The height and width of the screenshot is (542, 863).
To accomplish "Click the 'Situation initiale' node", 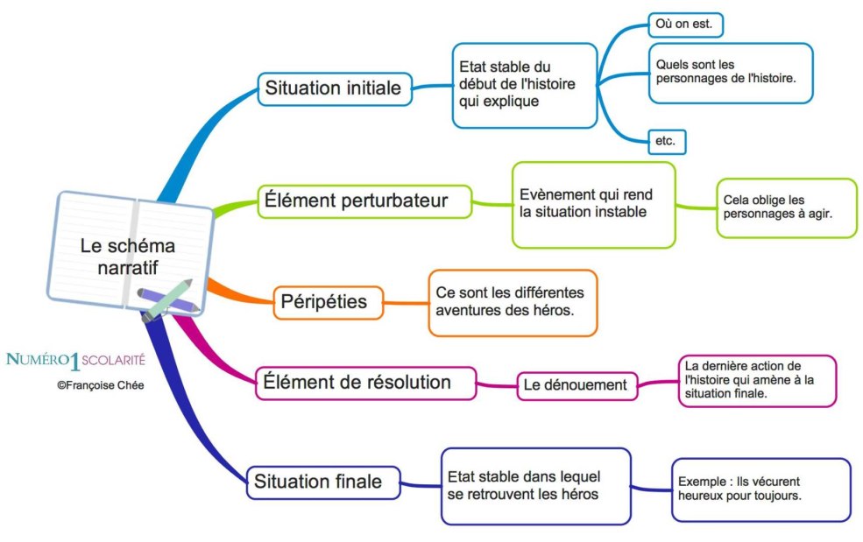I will [x=334, y=88].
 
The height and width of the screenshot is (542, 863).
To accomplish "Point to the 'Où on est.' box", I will [x=684, y=25].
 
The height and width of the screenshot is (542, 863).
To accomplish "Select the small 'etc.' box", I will [x=666, y=140].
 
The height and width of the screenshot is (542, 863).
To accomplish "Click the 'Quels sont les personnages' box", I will [x=730, y=73].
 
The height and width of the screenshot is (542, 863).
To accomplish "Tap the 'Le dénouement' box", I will [x=576, y=384].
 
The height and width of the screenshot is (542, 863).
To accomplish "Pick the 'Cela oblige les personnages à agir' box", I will [x=785, y=208].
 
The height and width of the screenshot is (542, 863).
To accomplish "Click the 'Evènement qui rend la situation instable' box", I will [x=593, y=204].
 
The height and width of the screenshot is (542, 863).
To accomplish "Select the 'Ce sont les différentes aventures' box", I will [x=512, y=302].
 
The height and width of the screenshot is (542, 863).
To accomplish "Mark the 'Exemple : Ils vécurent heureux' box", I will [x=760, y=489].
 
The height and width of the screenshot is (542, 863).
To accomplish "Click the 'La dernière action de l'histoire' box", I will [x=757, y=380].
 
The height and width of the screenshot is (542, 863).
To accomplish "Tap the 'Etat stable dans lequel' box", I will [x=535, y=486].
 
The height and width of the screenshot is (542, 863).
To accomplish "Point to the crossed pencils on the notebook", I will [x=166, y=299].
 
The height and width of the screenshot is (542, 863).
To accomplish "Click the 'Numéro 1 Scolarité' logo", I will [x=75, y=359].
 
